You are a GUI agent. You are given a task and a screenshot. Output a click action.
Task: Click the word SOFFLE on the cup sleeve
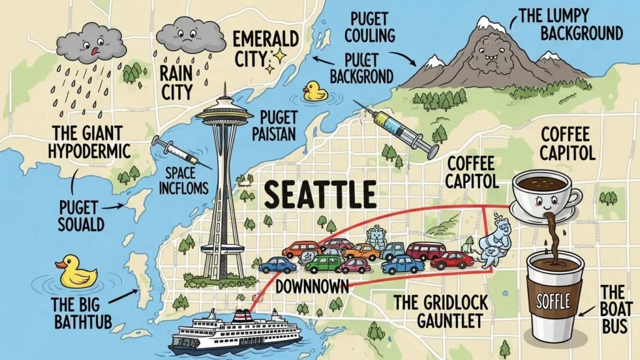coord(552,303)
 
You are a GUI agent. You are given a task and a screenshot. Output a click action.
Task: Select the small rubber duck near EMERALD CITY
coord(315,91)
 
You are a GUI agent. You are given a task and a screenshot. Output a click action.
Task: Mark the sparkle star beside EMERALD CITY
coord(277,58)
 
